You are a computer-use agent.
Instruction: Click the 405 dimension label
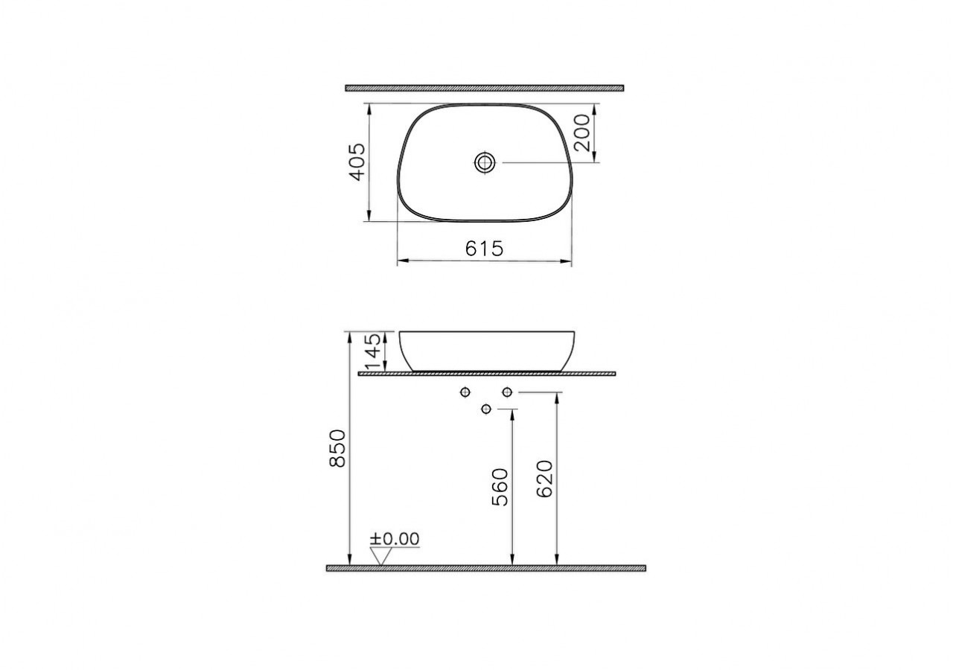[357, 162]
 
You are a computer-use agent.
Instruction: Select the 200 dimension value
[583, 133]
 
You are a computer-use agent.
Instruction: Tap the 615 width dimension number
[484, 249]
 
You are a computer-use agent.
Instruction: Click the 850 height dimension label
[337, 448]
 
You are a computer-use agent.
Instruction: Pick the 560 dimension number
[500, 487]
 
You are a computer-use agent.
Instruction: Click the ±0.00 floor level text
[395, 538]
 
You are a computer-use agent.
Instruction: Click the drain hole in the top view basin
[485, 162]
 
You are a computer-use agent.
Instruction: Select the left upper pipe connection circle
[465, 392]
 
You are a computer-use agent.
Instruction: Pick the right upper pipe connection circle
[507, 392]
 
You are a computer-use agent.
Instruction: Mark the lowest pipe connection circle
[486, 409]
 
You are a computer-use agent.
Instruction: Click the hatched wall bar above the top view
[484, 88]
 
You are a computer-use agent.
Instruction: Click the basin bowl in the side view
[488, 350]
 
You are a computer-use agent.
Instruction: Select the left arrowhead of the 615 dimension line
[401, 261]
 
